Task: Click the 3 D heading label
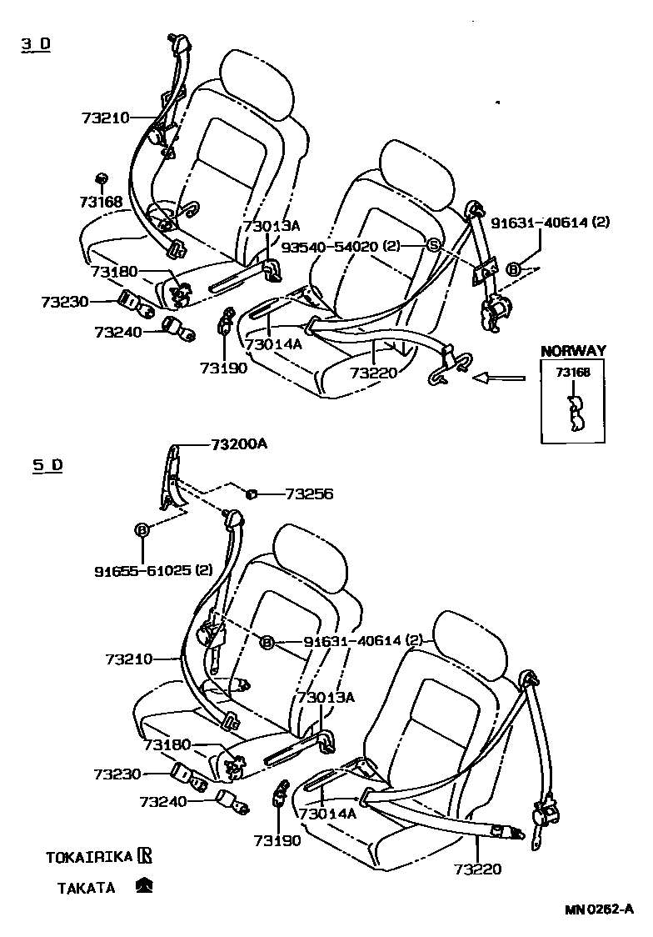[x=36, y=43]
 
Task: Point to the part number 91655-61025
[x=142, y=570]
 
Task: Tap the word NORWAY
[x=573, y=351]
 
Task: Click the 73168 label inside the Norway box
[x=573, y=373]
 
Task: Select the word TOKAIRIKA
[x=87, y=856]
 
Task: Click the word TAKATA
[x=86, y=888]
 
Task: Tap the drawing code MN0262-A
[x=599, y=909]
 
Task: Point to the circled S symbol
[x=433, y=244]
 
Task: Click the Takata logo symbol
[x=143, y=886]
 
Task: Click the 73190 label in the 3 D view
[x=223, y=368]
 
